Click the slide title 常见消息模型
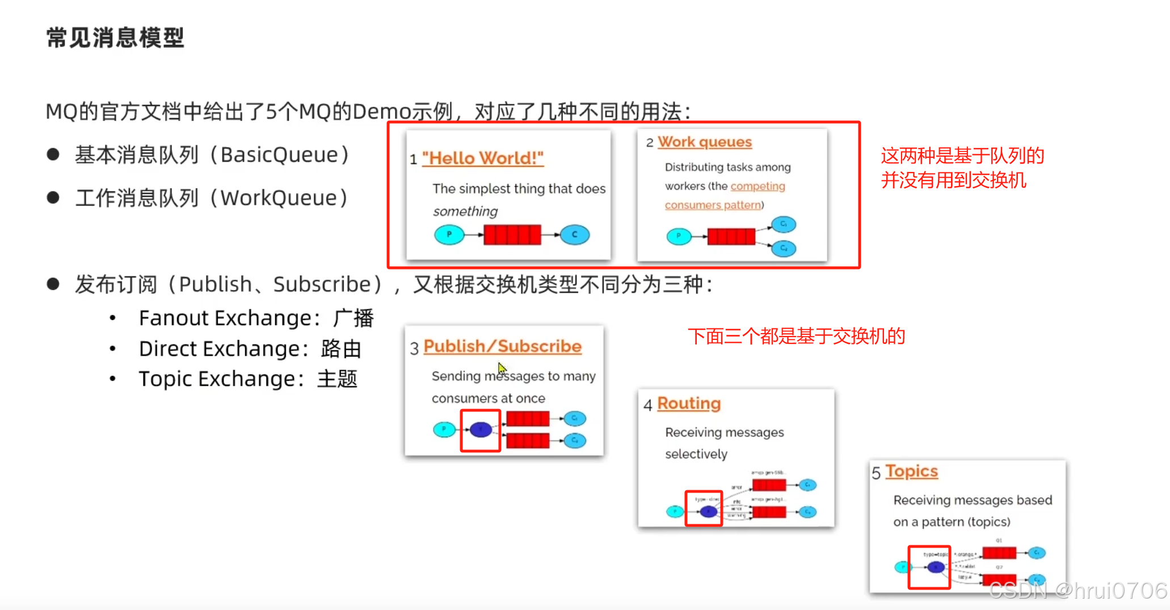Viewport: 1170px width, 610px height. tap(115, 37)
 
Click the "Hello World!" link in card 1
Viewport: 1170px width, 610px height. tap(482, 158)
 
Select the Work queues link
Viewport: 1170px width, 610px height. tap(705, 142)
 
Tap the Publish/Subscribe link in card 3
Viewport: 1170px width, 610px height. tap(502, 346)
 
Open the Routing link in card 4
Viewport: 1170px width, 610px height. tap(689, 403)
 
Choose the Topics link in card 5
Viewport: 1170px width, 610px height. tap(911, 471)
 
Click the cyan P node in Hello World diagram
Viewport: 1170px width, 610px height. tap(449, 234)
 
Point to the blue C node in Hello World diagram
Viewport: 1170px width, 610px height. tap(574, 234)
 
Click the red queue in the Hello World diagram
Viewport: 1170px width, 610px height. tap(512, 234)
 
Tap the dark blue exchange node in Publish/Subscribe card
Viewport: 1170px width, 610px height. tap(481, 430)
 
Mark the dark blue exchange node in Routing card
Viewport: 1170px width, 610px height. tap(708, 511)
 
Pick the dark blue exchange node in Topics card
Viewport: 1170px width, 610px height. tap(936, 566)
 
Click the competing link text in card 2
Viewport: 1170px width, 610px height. tap(757, 186)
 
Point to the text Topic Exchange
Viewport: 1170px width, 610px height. tap(217, 378)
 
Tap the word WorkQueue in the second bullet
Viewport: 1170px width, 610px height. tap(279, 198)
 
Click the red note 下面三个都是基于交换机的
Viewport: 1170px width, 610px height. tap(796, 336)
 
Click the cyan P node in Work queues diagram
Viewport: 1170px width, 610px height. tap(679, 235)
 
